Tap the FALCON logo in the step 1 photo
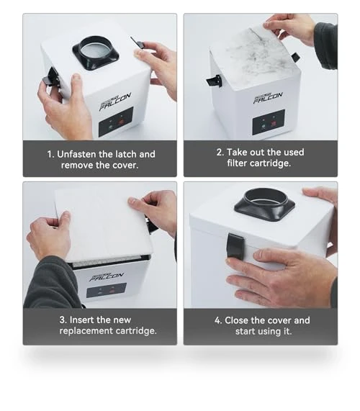pos(115,101)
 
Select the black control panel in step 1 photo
pos(116,122)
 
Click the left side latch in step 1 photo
pos(50,77)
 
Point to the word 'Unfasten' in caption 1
pos(76,154)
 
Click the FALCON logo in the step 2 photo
pos(268,98)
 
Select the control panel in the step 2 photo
pos(269,122)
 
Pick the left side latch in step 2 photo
pos(214,81)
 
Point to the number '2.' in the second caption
pos(220,153)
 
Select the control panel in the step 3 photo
pos(107,290)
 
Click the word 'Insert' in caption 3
pos(82,320)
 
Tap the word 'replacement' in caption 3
pos(86,331)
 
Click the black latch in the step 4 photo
pos(235,246)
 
